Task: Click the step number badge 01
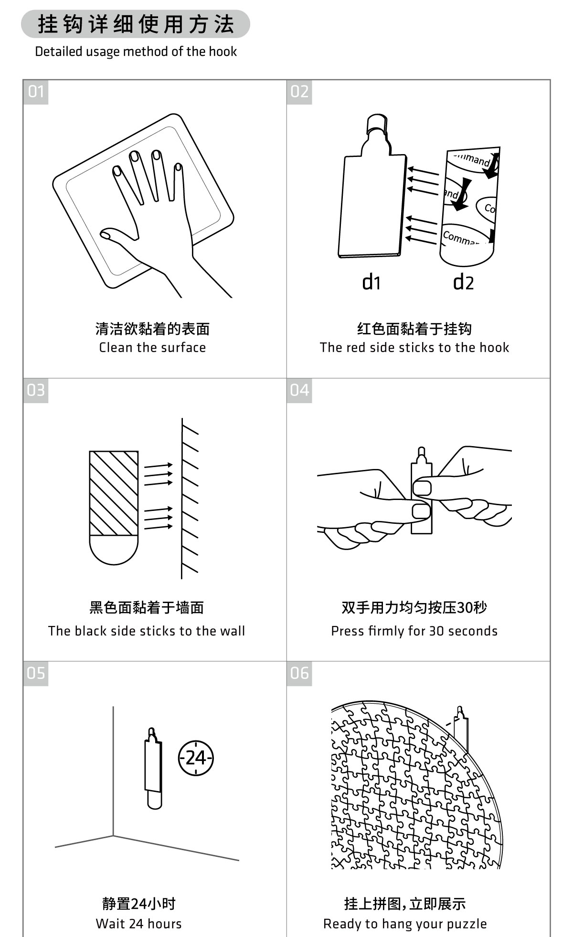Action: click(x=36, y=92)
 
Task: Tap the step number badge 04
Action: click(x=299, y=390)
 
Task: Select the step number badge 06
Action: click(x=299, y=673)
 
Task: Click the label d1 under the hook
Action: click(x=371, y=282)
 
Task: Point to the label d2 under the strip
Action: click(x=463, y=282)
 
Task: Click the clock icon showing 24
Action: click(x=196, y=758)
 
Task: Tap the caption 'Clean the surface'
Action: click(x=152, y=347)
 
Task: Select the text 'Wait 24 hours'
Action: click(x=139, y=924)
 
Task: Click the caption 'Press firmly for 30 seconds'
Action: click(x=414, y=631)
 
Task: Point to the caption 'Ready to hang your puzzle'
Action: click(x=405, y=924)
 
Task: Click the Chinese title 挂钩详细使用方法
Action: click(x=136, y=24)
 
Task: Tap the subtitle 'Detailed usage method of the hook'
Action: click(x=136, y=52)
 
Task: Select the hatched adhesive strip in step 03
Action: click(x=114, y=493)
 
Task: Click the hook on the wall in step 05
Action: click(x=153, y=768)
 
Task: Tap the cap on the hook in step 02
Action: click(x=377, y=124)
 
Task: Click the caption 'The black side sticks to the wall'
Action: click(x=146, y=631)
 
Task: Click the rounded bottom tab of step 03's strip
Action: click(x=114, y=550)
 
